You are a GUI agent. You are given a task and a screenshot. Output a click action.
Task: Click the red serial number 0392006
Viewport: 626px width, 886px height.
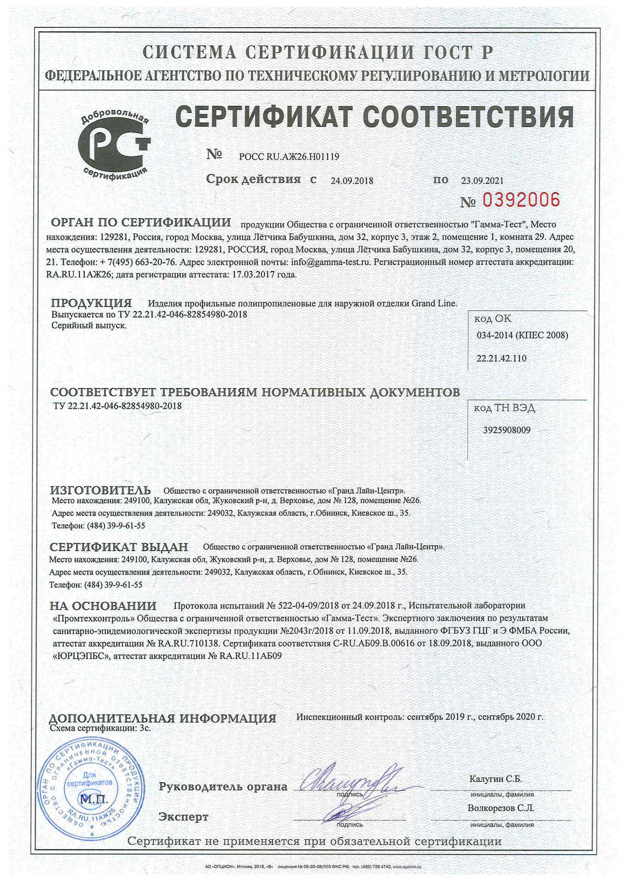[521, 200]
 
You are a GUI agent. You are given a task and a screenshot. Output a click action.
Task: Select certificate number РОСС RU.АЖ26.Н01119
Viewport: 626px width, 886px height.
[289, 157]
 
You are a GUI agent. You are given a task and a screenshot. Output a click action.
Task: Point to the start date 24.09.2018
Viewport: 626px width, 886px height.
[352, 181]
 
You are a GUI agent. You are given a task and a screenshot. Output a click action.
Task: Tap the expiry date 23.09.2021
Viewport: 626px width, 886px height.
[482, 181]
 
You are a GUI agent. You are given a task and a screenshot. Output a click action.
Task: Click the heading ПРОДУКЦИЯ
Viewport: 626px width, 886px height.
[91, 303]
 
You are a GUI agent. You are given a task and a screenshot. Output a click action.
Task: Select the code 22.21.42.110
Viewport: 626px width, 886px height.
[501, 359]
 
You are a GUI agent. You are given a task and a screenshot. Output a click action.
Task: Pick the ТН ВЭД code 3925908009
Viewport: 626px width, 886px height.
[507, 430]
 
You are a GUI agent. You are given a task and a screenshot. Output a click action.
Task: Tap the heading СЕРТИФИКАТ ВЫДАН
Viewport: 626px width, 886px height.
[119, 547]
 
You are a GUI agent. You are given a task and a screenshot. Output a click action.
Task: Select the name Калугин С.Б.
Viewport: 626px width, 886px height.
[495, 779]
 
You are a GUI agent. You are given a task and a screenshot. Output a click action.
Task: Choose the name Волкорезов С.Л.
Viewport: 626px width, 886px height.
[501, 808]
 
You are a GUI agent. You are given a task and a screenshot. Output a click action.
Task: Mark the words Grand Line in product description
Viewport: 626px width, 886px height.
[433, 304]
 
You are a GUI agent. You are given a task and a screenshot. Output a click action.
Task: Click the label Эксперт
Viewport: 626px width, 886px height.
[184, 817]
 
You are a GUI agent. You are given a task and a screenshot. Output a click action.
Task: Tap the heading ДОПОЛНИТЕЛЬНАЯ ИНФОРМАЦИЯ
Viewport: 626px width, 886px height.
[162, 718]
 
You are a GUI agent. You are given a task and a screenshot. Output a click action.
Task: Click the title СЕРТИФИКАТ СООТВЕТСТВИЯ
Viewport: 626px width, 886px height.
[375, 117]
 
